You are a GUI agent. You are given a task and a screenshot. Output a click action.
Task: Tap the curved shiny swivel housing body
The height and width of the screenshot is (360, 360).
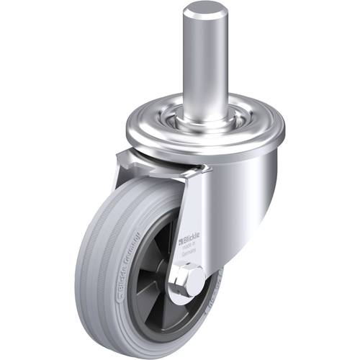(238, 187)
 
